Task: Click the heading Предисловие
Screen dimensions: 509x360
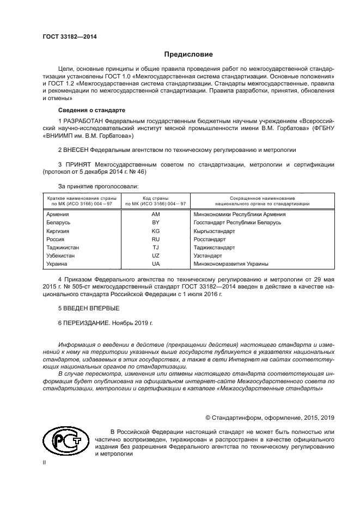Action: point(188,54)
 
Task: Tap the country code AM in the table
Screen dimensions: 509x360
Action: point(155,214)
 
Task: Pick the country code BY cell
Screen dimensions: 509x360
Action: point(155,223)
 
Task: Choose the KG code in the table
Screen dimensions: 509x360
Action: point(155,231)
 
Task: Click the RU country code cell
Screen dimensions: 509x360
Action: point(155,239)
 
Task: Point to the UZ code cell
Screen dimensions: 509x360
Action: point(155,255)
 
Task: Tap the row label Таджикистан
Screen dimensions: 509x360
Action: point(65,247)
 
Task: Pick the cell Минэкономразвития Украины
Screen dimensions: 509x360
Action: point(231,263)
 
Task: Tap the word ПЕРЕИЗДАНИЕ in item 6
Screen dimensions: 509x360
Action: point(86,322)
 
